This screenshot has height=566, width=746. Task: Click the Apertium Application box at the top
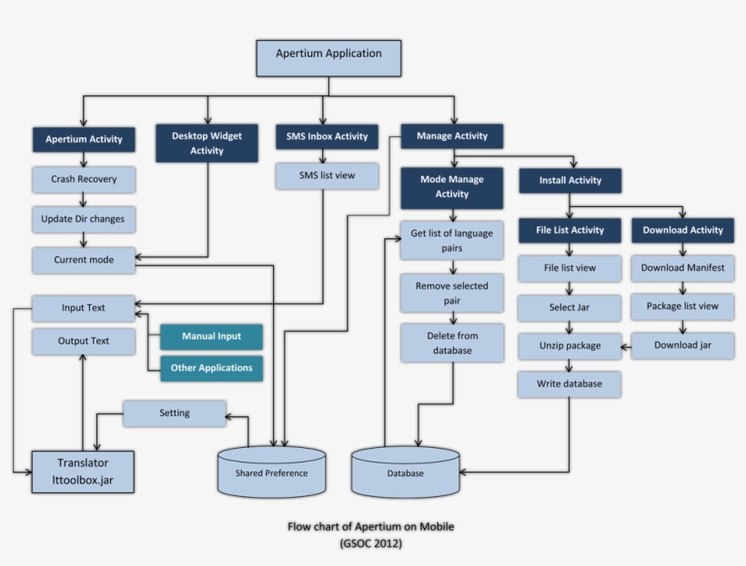click(x=328, y=56)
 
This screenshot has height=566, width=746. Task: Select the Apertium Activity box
click(x=84, y=140)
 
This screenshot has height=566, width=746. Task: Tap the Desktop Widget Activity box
click(x=207, y=143)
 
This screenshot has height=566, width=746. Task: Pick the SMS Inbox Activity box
click(x=327, y=136)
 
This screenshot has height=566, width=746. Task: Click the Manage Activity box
click(x=451, y=136)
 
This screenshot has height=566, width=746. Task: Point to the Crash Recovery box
click(x=84, y=179)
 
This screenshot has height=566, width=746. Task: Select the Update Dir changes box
click(x=84, y=220)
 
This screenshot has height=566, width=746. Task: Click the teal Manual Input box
click(x=211, y=337)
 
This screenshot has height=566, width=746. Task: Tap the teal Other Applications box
click(x=211, y=368)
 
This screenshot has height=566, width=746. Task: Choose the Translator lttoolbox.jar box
click(x=83, y=471)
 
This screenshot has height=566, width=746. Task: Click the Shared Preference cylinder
click(x=271, y=472)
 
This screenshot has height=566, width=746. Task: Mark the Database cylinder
click(x=405, y=472)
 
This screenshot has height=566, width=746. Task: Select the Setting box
click(x=174, y=413)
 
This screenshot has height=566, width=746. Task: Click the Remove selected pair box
click(x=451, y=292)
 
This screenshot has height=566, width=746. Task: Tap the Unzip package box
click(x=570, y=346)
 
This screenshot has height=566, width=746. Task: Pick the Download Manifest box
click(x=682, y=268)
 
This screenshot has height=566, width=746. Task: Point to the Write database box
click(x=570, y=384)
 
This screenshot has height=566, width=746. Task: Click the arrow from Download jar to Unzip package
click(x=626, y=346)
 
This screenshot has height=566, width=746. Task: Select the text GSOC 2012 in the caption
click(x=370, y=543)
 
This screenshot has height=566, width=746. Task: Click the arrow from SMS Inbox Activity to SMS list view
click(x=327, y=156)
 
